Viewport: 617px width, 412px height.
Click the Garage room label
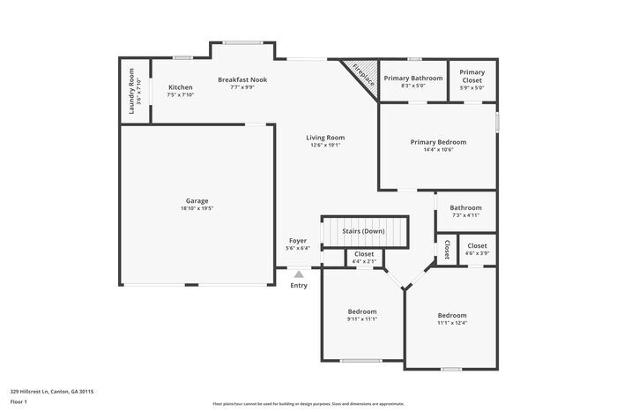(x=197, y=200)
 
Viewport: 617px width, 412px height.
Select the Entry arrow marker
(x=299, y=274)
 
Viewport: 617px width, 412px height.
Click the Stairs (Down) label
(x=363, y=231)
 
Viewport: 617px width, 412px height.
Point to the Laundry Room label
(x=130, y=91)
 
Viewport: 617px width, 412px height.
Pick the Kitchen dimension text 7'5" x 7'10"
(x=181, y=95)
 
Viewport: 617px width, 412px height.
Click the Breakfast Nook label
(x=242, y=79)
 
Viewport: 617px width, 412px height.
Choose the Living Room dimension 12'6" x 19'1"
(x=325, y=146)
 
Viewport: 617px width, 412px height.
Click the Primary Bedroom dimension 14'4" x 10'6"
(x=438, y=150)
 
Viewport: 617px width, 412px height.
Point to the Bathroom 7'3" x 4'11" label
(x=465, y=212)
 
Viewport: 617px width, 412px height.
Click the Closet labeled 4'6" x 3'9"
(x=477, y=250)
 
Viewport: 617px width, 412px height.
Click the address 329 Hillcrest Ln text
(x=52, y=390)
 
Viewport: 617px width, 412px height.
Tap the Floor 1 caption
(x=19, y=402)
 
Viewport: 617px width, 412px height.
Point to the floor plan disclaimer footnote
(x=308, y=402)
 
